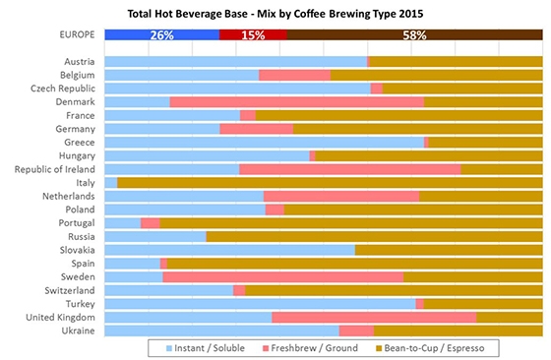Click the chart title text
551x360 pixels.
click(275, 14)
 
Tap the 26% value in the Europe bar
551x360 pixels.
click(162, 35)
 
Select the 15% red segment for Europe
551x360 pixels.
click(253, 35)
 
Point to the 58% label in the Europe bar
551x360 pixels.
click(414, 35)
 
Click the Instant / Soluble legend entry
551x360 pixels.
click(203, 348)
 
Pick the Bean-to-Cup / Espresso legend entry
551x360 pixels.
click(439, 348)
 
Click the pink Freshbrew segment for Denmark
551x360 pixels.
click(296, 101)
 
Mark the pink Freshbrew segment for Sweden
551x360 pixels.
click(282, 276)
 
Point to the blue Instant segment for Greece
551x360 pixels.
click(263, 142)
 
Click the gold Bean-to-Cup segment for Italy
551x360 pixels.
click(330, 182)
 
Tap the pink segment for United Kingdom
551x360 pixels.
click(374, 317)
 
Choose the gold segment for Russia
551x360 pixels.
click(374, 236)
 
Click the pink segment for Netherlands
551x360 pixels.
click(341, 196)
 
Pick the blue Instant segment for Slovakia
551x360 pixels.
click(228, 250)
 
